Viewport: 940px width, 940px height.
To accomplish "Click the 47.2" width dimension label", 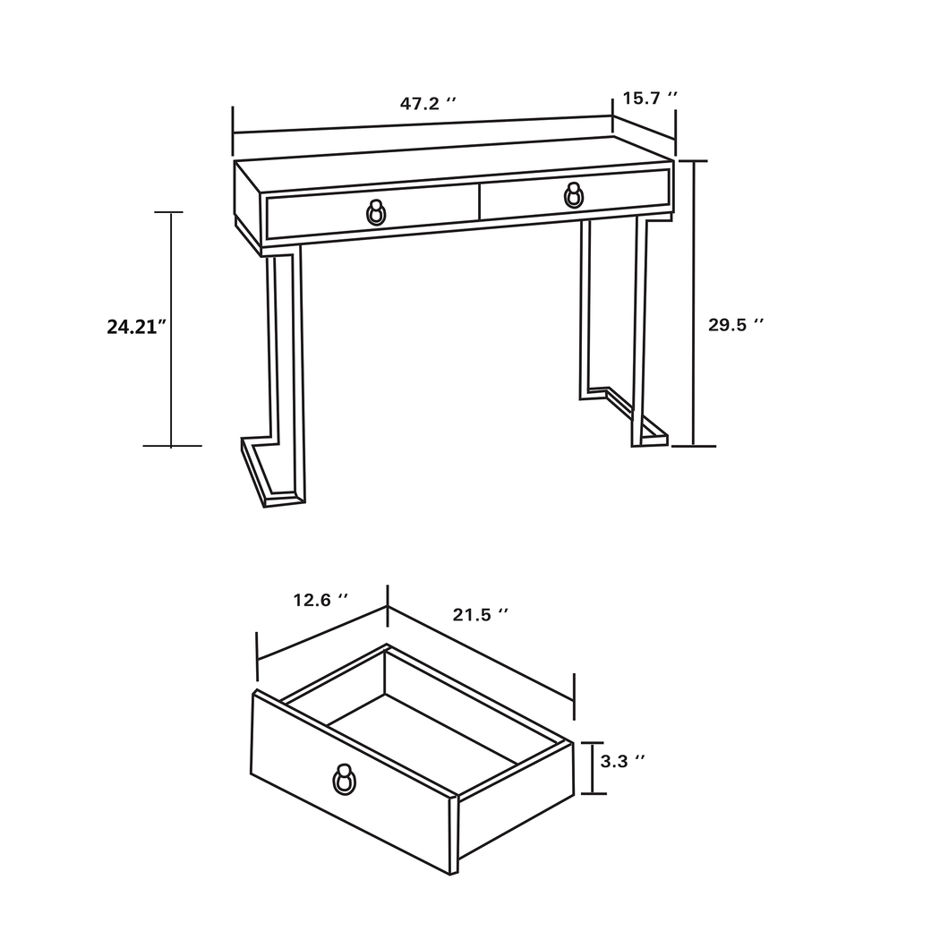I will pyautogui.click(x=428, y=103).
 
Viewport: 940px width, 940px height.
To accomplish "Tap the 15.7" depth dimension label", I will pyautogui.click(x=650, y=98).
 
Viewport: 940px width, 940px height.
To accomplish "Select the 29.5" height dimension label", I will pyautogui.click(x=736, y=325).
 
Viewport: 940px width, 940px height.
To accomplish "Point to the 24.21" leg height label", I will pyautogui.click(x=137, y=327).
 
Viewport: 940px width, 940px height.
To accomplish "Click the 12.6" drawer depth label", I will pyautogui.click(x=320, y=600).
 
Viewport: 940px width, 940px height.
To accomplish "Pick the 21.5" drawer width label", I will pyautogui.click(x=481, y=614).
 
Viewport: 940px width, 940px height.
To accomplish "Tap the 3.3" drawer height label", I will pyautogui.click(x=623, y=761).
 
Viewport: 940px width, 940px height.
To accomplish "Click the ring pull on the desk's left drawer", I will pyautogui.click(x=376, y=213).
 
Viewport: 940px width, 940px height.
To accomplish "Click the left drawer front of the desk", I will pyautogui.click(x=322, y=215).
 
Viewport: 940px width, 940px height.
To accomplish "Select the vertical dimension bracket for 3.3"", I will pyautogui.click(x=592, y=768).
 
